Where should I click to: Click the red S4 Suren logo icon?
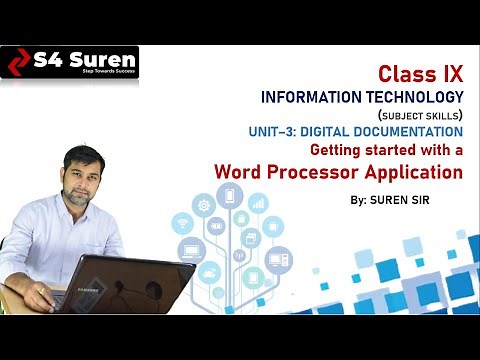tap(18, 62)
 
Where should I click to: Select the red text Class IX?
tap(421, 74)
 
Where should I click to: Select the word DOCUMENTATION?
tap(411, 131)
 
